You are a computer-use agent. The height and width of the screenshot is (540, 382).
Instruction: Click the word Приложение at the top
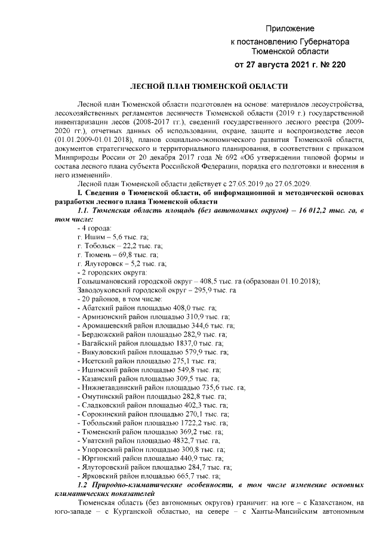[290, 29]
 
